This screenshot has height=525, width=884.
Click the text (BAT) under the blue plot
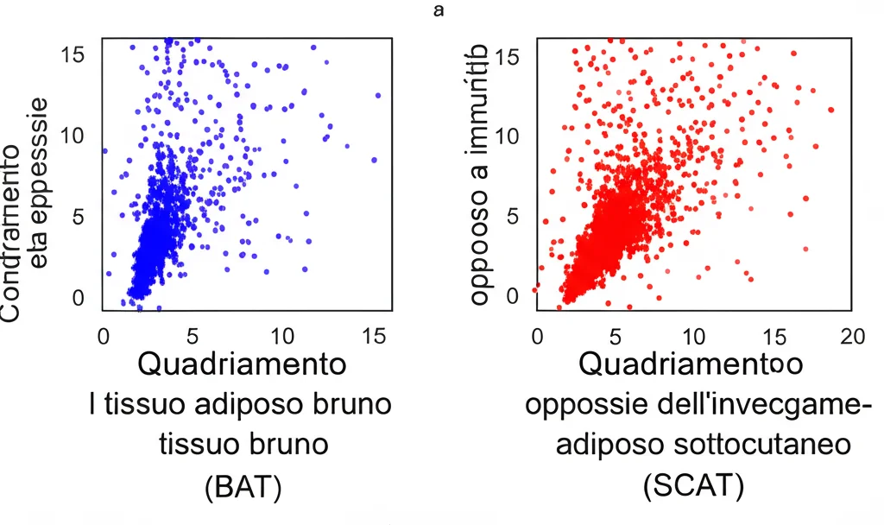coord(242,487)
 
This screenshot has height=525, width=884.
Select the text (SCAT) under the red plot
coord(693,487)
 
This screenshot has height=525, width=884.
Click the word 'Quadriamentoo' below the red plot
coord(691,364)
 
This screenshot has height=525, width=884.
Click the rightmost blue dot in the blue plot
coord(378,95)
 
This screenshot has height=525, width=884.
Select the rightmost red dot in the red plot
coord(830,110)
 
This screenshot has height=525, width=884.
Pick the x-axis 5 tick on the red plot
coord(615,336)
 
